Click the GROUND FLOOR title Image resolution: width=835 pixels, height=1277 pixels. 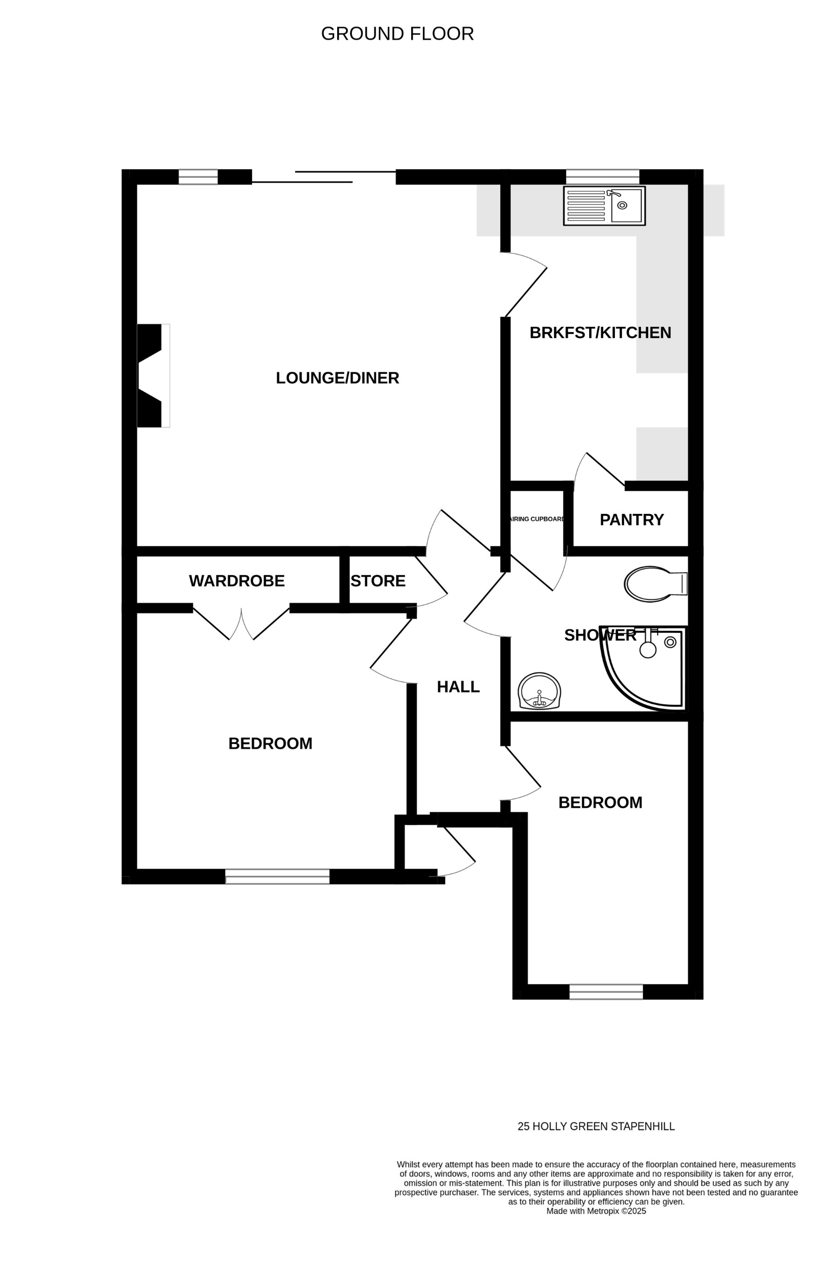[397, 34]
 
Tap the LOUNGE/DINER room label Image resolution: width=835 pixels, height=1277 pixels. [337, 378]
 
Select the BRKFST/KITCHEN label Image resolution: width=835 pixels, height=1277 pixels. [600, 332]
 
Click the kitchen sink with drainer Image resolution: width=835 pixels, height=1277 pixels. [604, 206]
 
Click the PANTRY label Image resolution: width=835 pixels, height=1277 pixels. [631, 519]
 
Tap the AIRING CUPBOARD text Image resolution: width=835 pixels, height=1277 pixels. [536, 519]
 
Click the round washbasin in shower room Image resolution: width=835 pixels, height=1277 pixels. [539, 691]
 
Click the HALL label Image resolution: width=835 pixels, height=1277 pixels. [458, 687]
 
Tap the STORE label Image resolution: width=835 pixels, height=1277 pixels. [378, 581]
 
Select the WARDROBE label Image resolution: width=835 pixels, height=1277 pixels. [237, 581]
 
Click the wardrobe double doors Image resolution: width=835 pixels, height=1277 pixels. [241, 625]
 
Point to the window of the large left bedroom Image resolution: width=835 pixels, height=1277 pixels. [277, 876]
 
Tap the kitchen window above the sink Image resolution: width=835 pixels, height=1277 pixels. [602, 176]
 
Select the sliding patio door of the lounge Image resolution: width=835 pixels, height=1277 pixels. [323, 177]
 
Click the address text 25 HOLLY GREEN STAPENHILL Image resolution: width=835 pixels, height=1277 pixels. [596, 1126]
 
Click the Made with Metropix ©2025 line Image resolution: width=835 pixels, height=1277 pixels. [596, 1211]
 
